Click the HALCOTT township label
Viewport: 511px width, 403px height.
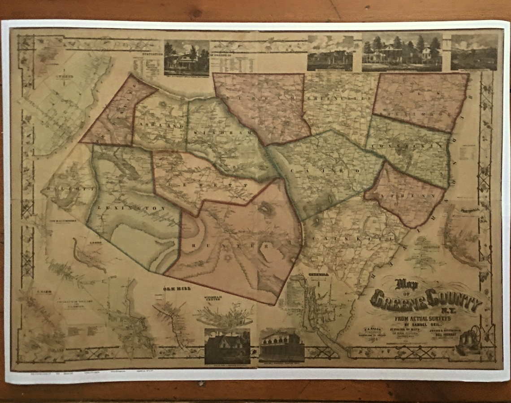pos(69,190)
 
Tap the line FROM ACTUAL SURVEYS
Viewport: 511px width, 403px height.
pos(423,318)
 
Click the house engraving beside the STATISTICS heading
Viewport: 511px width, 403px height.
pos(186,58)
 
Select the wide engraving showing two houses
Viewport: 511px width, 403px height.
pos(402,52)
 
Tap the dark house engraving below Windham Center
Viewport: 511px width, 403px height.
pos(227,346)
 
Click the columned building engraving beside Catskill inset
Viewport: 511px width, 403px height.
pos(281,345)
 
